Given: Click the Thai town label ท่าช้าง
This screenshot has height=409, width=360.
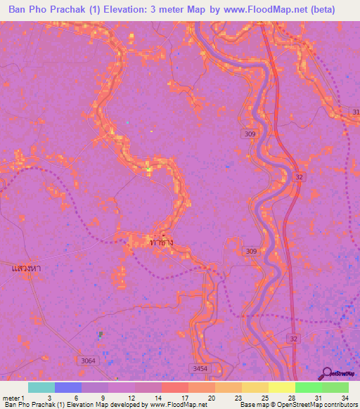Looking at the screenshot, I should point(161,242).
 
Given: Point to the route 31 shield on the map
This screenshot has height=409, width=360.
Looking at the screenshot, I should point(355,112).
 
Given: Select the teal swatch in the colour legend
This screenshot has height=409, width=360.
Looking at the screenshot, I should point(41,387).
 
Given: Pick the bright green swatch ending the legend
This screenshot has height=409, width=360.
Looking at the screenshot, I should point(335,387).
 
